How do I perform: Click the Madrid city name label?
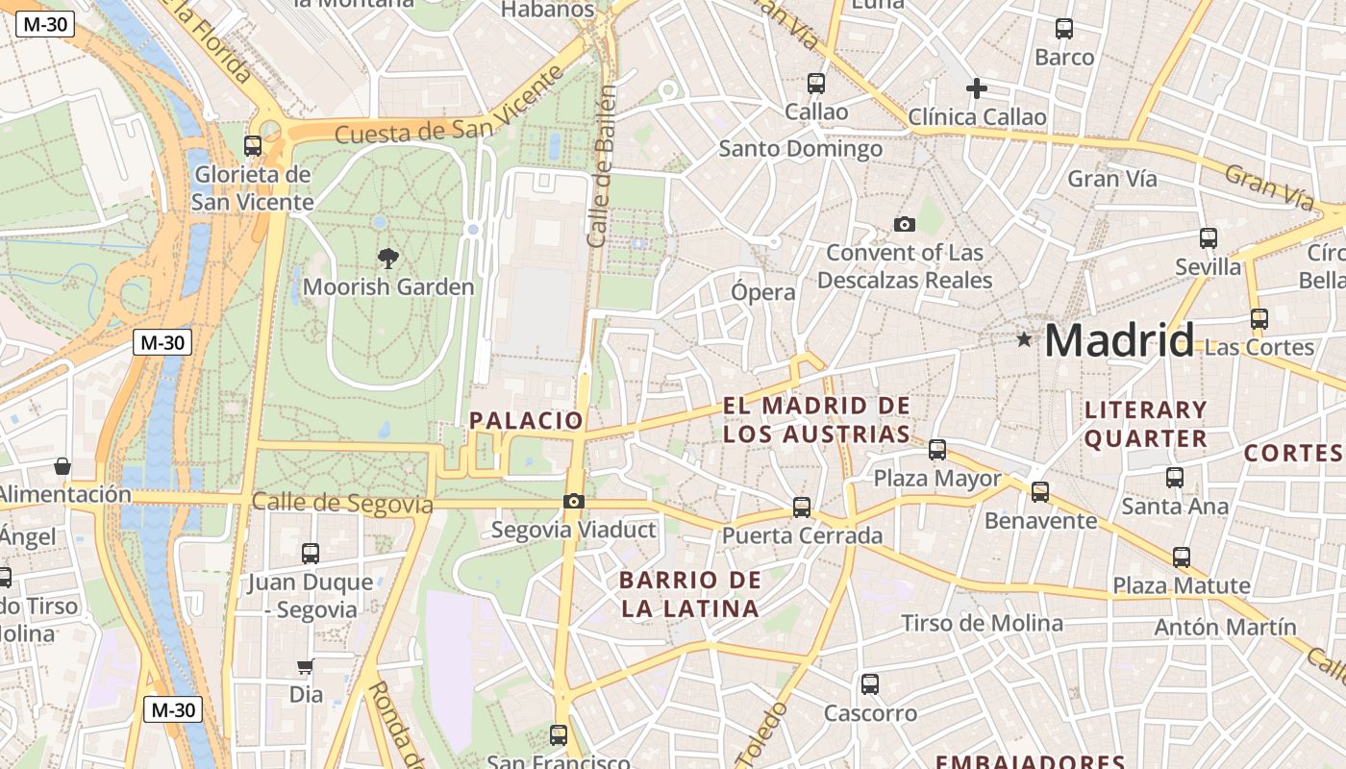point(1119,341)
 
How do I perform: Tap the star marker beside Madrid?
point(1025,339)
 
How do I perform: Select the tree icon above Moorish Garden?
point(388,258)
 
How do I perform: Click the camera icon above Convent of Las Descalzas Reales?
point(904,224)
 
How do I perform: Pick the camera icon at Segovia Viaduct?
point(574,501)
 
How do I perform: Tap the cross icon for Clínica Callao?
point(977,88)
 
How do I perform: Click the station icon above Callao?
point(816,84)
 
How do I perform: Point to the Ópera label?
point(763,292)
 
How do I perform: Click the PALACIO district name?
point(526,420)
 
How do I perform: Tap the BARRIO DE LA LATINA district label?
point(690,594)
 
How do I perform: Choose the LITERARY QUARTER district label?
point(1145,424)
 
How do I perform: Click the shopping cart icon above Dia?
point(305,666)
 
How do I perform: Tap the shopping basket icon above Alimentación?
point(62,466)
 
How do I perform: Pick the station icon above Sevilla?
point(1209,237)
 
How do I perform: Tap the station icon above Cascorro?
point(870,684)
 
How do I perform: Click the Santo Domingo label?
point(801,149)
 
